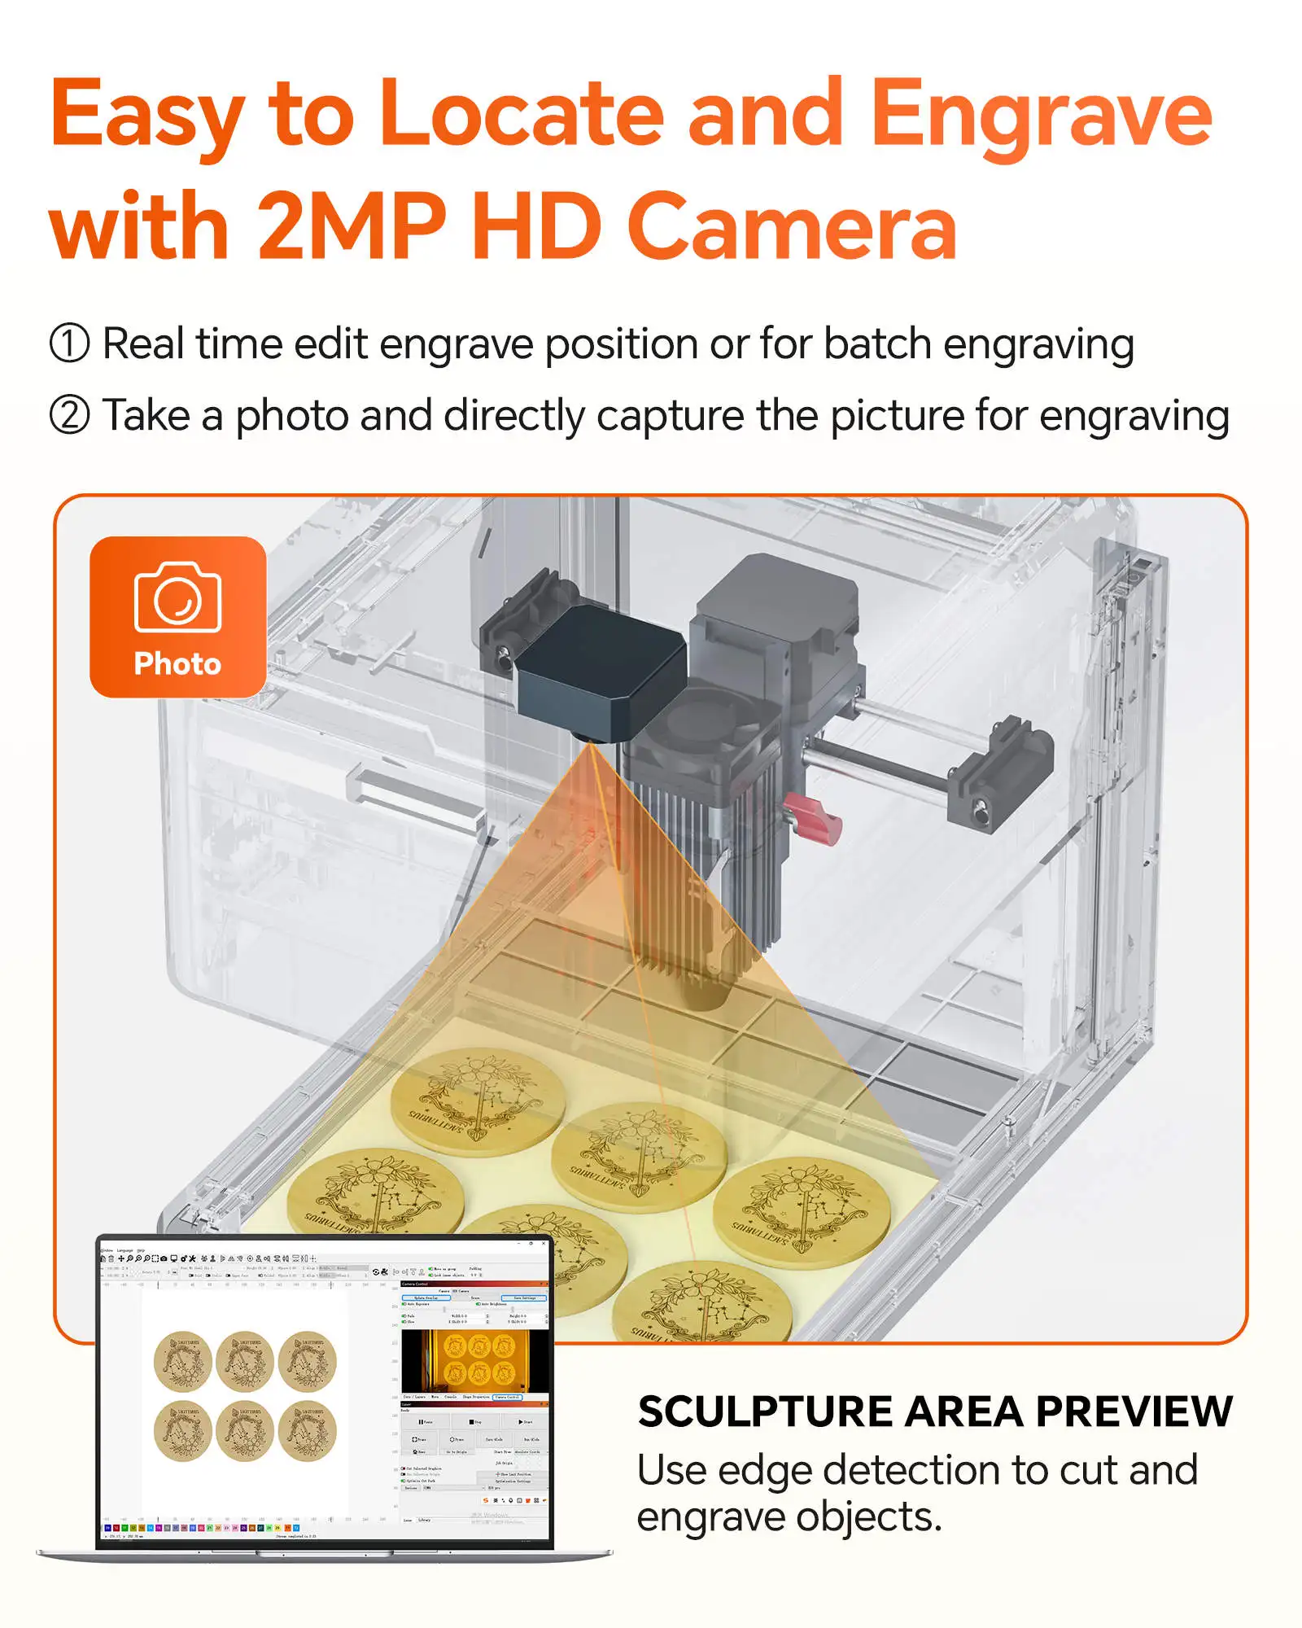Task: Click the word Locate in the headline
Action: click(x=520, y=114)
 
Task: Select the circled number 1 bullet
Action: click(x=69, y=344)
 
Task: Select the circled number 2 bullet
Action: click(x=69, y=415)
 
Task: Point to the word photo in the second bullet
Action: click(x=293, y=417)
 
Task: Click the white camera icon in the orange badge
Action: click(x=177, y=598)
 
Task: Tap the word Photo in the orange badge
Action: click(x=177, y=664)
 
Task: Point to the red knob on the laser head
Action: click(x=814, y=818)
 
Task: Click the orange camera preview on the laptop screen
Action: click(x=476, y=1361)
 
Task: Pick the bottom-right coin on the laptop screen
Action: click(x=308, y=1431)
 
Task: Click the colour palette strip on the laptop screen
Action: click(x=203, y=1528)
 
